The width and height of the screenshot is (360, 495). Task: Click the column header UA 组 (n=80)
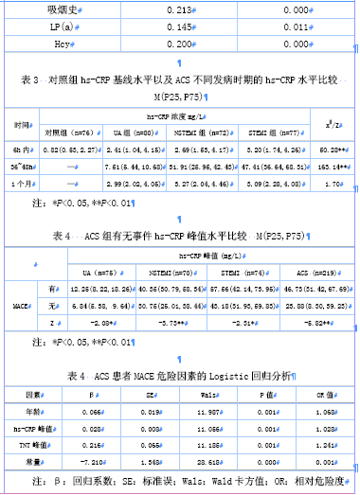[125, 134]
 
